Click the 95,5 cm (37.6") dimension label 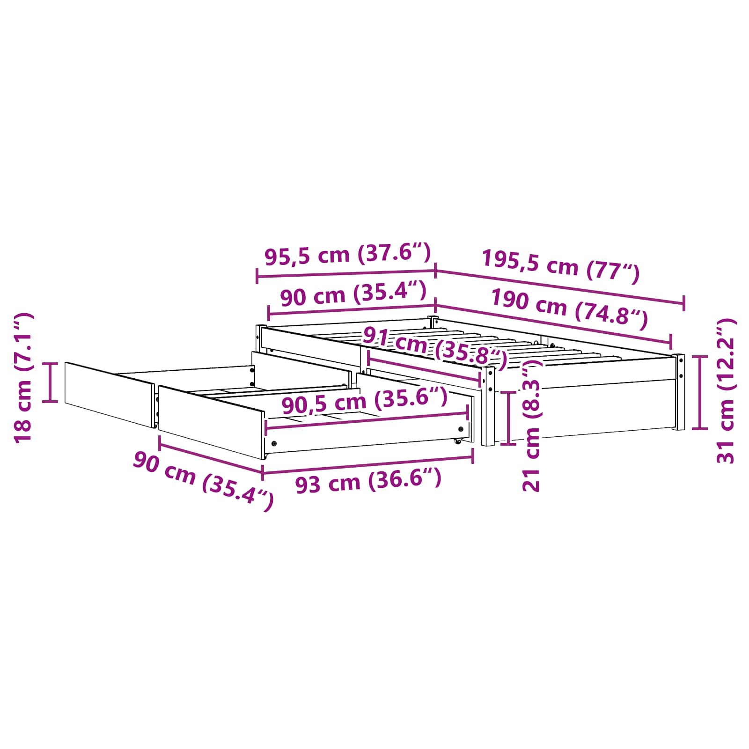tap(347, 254)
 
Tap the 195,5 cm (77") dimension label tap(561, 266)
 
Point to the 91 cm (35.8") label tap(435, 348)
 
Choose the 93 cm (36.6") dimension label tap(368, 481)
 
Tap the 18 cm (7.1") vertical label tap(23, 378)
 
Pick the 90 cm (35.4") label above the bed tap(353, 294)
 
